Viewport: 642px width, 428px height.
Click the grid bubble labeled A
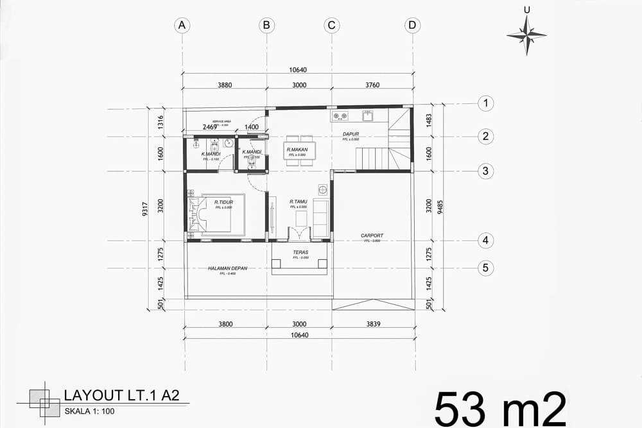(182, 25)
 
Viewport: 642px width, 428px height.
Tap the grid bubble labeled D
(413, 25)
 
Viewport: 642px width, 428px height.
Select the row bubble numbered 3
(486, 171)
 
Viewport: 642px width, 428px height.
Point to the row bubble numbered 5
(486, 268)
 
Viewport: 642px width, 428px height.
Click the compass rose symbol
(526, 35)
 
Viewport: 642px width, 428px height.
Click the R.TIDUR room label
(223, 202)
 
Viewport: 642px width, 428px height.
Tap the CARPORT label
(372, 235)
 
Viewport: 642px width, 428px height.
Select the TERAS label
(300, 252)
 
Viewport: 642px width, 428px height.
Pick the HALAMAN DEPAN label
(227, 268)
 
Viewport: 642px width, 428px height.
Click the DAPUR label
(351, 134)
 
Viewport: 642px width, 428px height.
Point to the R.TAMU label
(298, 201)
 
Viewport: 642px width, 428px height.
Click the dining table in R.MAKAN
(299, 151)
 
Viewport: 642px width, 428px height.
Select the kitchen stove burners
(340, 116)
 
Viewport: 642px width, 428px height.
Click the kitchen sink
(368, 116)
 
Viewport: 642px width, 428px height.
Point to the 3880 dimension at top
(224, 85)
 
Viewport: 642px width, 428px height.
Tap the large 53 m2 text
(500, 407)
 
